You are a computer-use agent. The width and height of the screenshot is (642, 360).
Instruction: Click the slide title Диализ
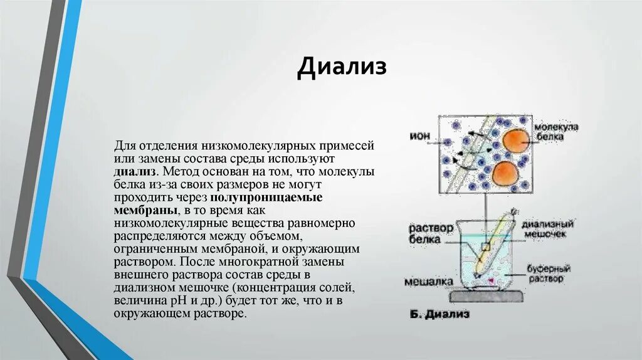coord(342,67)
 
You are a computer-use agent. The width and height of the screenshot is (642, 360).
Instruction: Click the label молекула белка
coord(556,131)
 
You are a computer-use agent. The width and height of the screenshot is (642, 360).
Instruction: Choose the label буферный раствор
coord(544,273)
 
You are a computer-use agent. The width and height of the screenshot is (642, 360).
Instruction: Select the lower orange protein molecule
coord(505,173)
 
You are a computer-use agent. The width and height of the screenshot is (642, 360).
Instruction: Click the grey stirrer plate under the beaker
coord(485,298)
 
